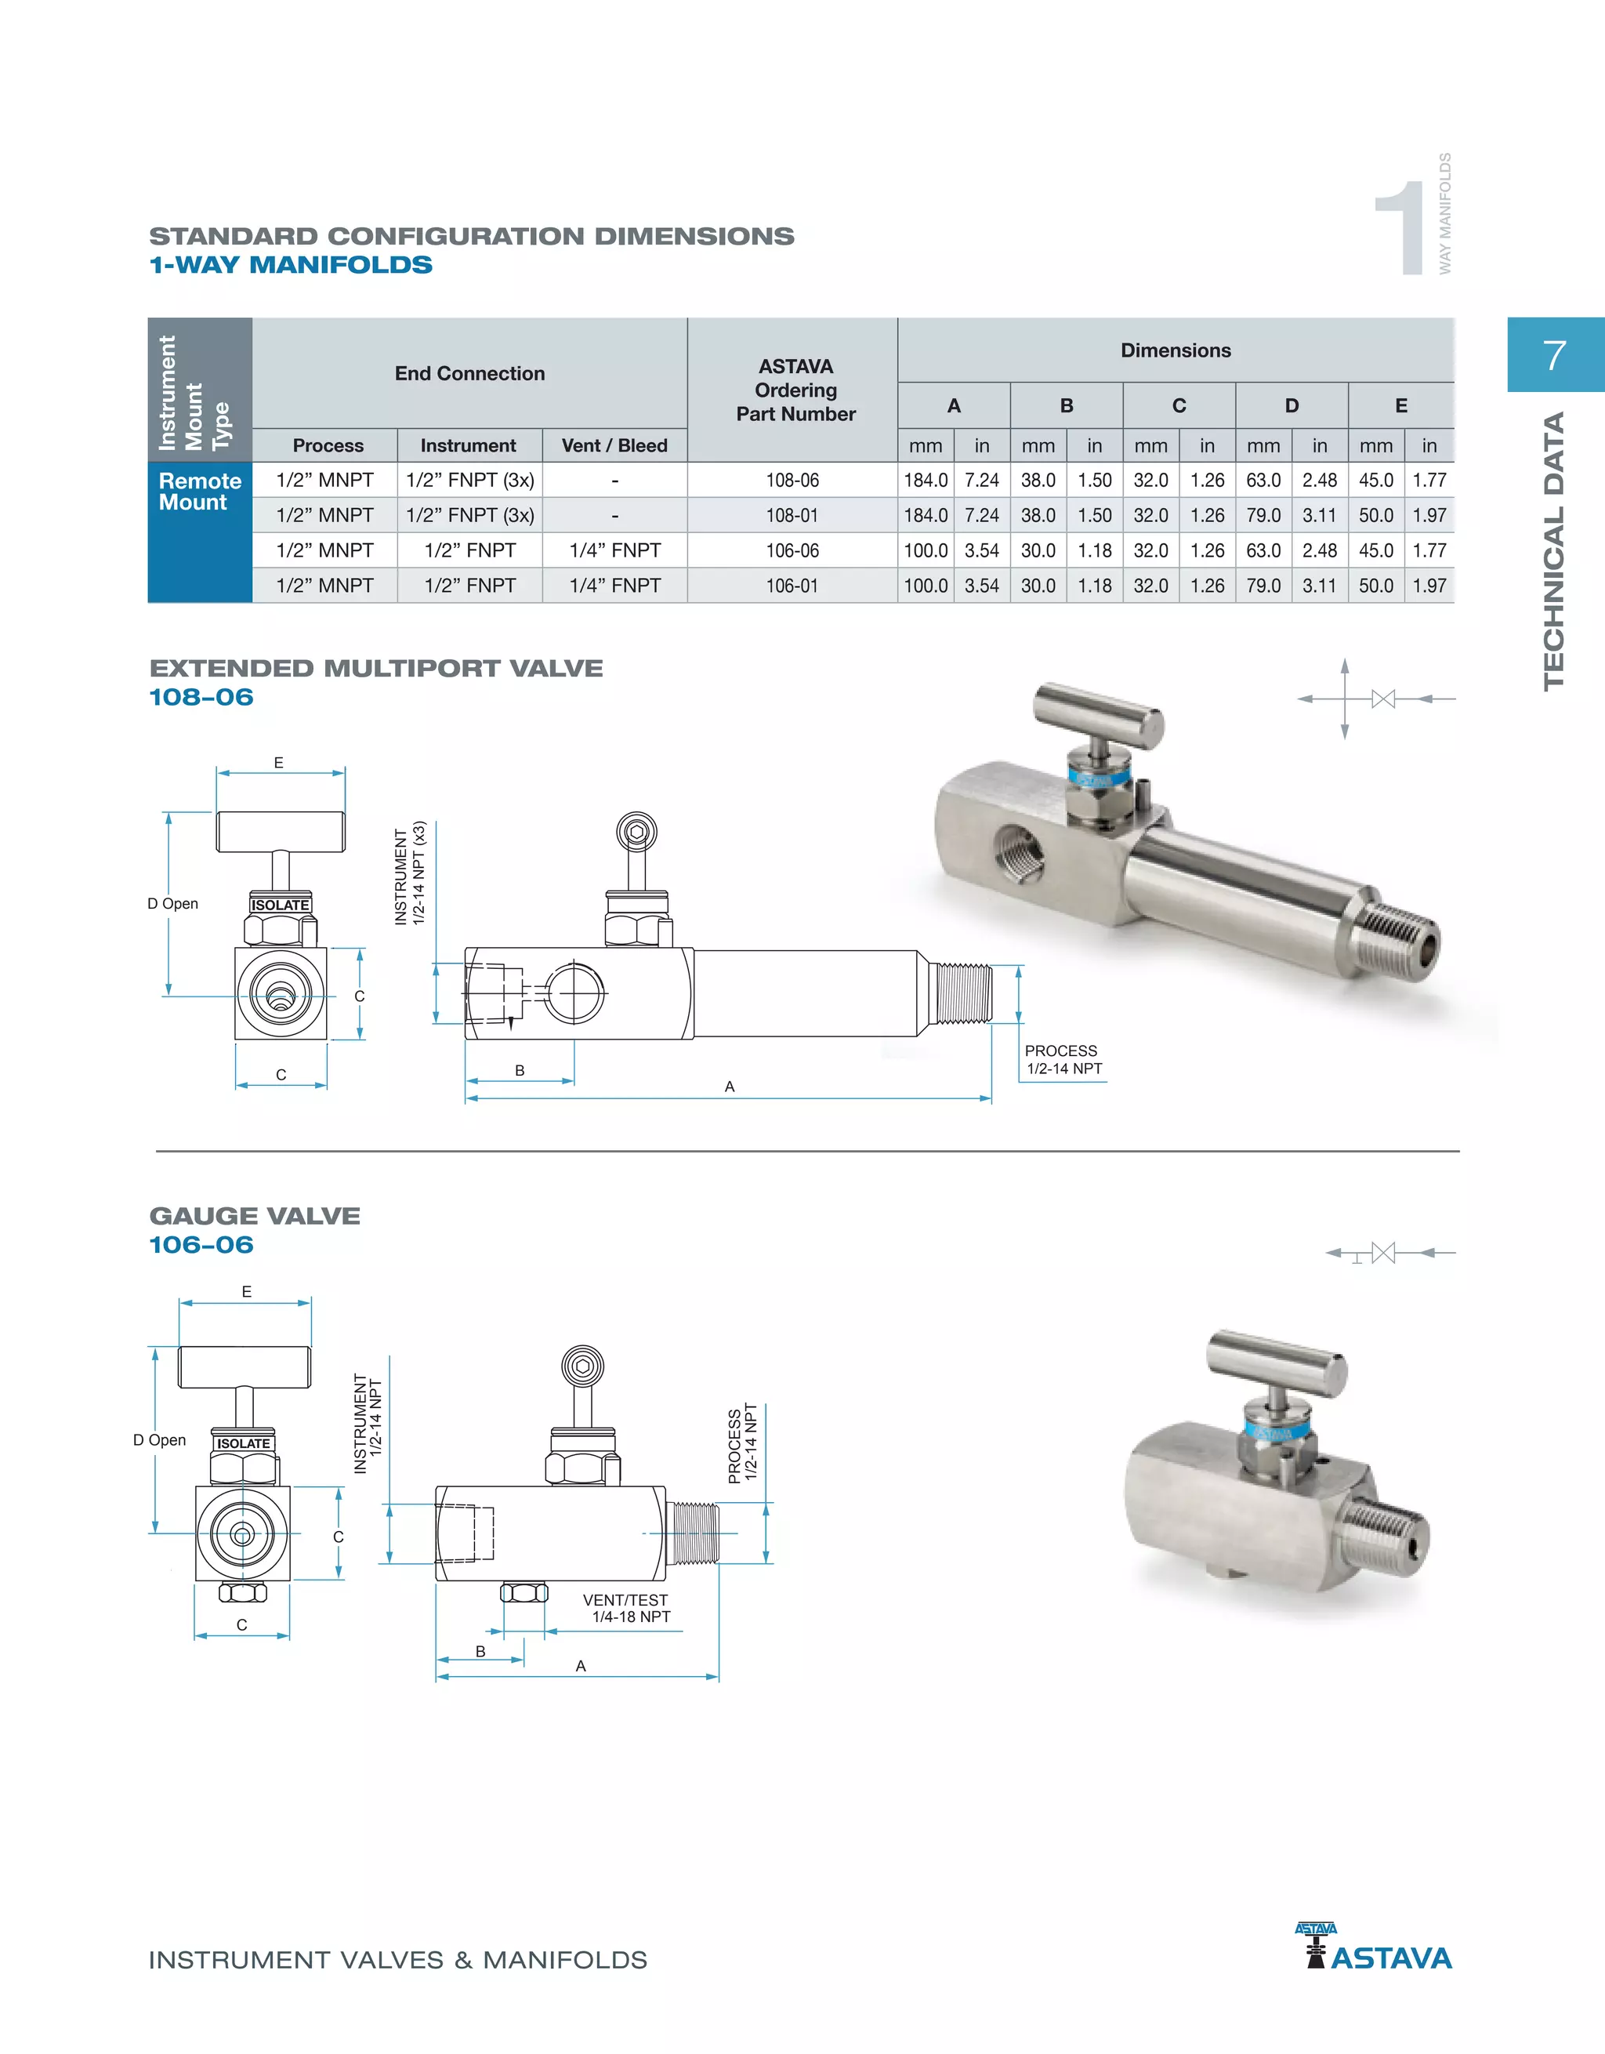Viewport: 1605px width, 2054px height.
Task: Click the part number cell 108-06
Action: click(792, 480)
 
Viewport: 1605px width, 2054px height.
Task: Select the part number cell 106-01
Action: click(792, 586)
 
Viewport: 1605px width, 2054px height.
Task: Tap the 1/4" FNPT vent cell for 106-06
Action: click(615, 550)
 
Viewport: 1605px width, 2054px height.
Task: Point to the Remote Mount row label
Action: click(198, 491)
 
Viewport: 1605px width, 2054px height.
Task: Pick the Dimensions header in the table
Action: click(1175, 350)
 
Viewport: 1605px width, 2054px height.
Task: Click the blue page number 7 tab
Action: click(1554, 355)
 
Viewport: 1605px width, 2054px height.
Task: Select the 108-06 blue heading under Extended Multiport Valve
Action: click(201, 697)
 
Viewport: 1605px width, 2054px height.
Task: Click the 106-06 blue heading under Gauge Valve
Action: click(201, 1244)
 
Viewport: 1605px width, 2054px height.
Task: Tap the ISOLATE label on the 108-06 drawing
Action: click(279, 905)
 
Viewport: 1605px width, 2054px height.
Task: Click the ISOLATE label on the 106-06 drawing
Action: click(244, 1443)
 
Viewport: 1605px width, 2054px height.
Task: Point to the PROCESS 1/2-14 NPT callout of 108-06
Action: click(1063, 1060)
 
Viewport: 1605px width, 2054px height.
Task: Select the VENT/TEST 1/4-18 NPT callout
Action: click(626, 1608)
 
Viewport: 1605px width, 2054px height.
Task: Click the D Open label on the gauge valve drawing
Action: click(160, 1440)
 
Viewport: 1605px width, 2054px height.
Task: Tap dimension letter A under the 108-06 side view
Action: click(730, 1087)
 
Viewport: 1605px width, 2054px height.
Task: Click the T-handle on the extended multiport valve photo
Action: click(1098, 716)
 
